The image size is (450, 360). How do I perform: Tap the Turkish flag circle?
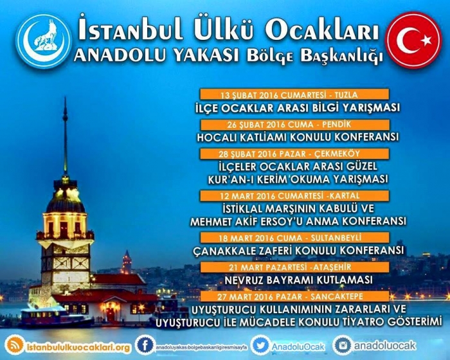click(413, 40)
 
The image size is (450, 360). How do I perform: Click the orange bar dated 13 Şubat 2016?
click(294, 94)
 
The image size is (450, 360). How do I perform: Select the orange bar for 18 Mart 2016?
click(294, 238)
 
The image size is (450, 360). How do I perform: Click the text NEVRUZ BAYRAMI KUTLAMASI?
click(298, 280)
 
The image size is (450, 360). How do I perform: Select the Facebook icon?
click(145, 345)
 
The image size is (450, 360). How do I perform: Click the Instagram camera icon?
click(343, 345)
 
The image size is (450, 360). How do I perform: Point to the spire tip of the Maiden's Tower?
click(65, 98)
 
